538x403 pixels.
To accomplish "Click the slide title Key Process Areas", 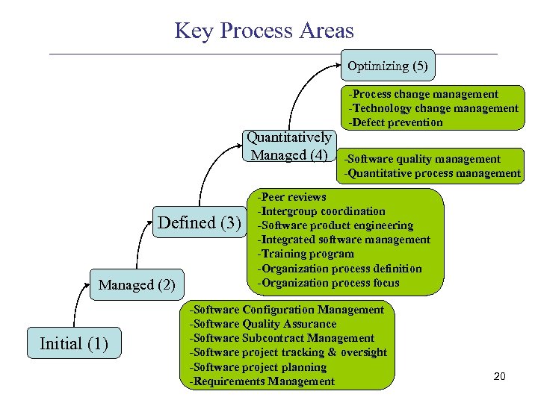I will click(x=264, y=31).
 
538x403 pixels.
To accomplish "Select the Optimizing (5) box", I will click(x=387, y=66).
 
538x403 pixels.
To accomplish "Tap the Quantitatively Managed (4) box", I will click(x=289, y=146).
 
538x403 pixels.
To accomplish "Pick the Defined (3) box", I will click(x=200, y=222).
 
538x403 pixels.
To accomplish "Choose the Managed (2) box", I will click(x=137, y=284).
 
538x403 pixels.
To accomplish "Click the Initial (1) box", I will click(x=74, y=343).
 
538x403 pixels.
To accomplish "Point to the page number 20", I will click(x=500, y=376).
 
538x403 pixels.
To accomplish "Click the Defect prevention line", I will click(x=395, y=122).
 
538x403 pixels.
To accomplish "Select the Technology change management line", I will click(x=433, y=108).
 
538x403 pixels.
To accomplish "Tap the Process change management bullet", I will click(x=423, y=94).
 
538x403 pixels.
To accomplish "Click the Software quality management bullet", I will click(x=422, y=159).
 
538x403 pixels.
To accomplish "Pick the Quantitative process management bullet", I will click(x=432, y=173).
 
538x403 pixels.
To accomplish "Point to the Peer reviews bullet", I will click(x=292, y=197).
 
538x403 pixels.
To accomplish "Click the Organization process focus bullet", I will click(x=328, y=282).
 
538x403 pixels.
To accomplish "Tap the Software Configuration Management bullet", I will click(x=287, y=310).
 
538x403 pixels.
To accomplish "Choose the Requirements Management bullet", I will click(x=262, y=381).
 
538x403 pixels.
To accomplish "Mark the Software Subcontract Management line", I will click(x=282, y=338).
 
